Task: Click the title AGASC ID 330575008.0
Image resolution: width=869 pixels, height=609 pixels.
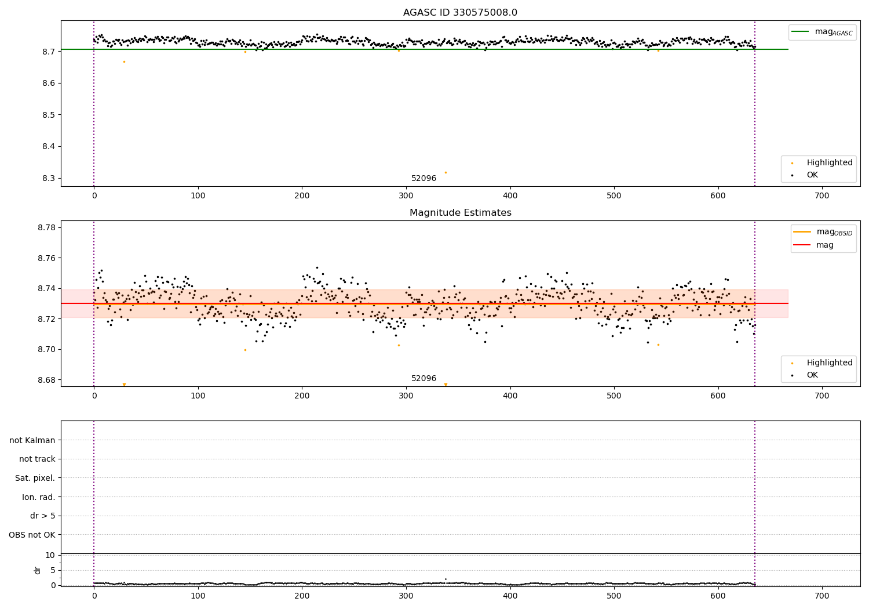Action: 460,13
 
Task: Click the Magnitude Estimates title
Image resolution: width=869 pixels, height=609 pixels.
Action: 460,213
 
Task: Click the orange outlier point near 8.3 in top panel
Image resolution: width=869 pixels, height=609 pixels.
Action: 446,172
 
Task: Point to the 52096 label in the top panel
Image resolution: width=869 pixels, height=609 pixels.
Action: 423,178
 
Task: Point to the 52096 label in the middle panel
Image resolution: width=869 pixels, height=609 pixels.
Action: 423,378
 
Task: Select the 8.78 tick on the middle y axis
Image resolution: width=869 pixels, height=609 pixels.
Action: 45,227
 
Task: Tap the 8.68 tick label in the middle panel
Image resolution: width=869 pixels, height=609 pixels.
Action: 45,380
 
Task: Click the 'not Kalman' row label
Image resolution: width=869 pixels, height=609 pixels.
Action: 32,440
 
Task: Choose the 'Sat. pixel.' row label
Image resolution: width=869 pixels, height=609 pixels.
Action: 35,478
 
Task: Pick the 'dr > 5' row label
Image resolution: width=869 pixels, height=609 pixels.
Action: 43,516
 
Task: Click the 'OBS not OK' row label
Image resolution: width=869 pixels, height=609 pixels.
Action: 32,535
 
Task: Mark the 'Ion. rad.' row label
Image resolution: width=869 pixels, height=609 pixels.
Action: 39,497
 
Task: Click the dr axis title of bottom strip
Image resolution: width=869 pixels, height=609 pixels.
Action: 38,570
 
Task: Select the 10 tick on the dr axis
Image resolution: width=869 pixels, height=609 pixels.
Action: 50,555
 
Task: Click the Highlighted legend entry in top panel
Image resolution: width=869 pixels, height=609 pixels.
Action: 829,162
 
